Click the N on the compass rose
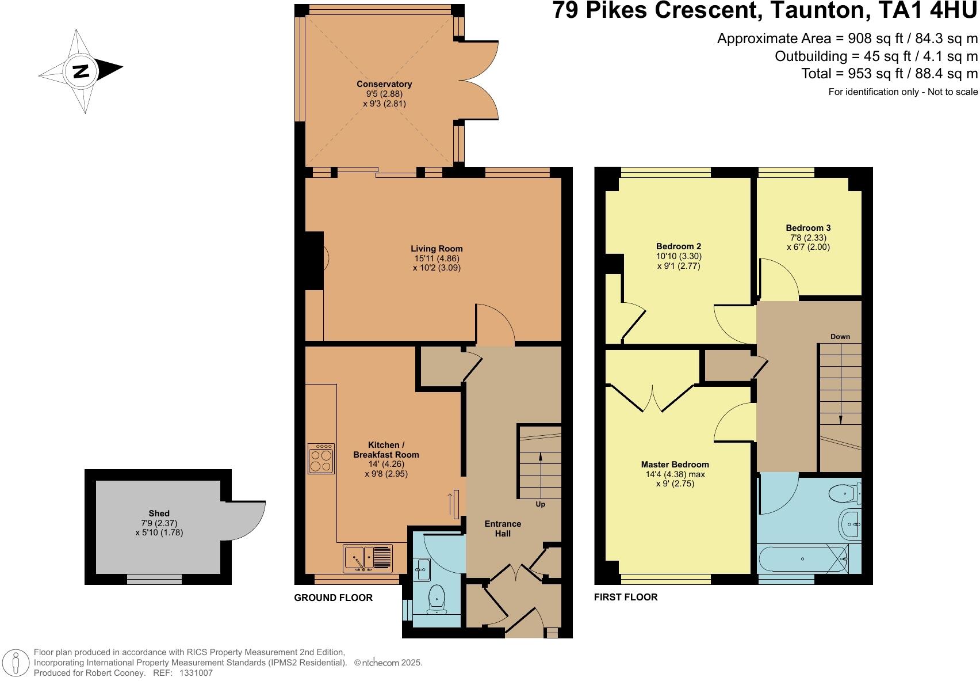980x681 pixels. pos(81,71)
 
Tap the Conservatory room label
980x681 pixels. pos(384,84)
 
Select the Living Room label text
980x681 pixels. pos(437,249)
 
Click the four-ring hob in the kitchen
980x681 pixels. pos(321,458)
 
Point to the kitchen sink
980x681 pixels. pos(368,558)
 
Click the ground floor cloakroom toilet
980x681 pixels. pos(437,599)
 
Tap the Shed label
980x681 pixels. pos(159,513)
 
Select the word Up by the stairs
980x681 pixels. pos(540,504)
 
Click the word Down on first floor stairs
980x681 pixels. pos(840,337)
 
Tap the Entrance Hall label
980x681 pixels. pos(503,528)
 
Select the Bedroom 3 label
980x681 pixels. pos(808,228)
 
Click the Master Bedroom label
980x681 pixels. pos(675,465)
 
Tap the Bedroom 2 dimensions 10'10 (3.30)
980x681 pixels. pos(679,256)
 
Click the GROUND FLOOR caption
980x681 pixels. pos(333,598)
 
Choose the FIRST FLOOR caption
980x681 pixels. pos(625,597)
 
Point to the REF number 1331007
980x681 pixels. pos(196,672)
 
